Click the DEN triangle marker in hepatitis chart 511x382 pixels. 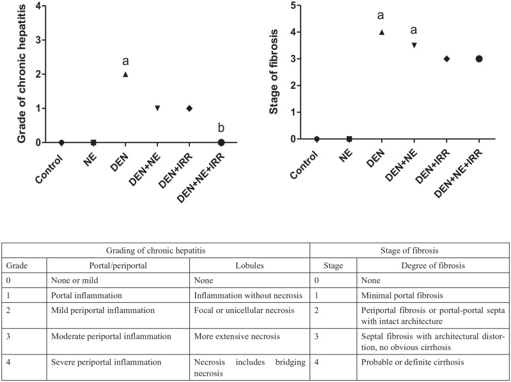(125, 74)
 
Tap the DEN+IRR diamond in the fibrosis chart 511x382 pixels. (446, 59)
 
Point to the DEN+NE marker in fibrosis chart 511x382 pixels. (414, 45)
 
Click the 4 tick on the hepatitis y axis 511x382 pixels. (40, 6)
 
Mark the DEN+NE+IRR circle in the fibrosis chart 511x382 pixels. (478, 59)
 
